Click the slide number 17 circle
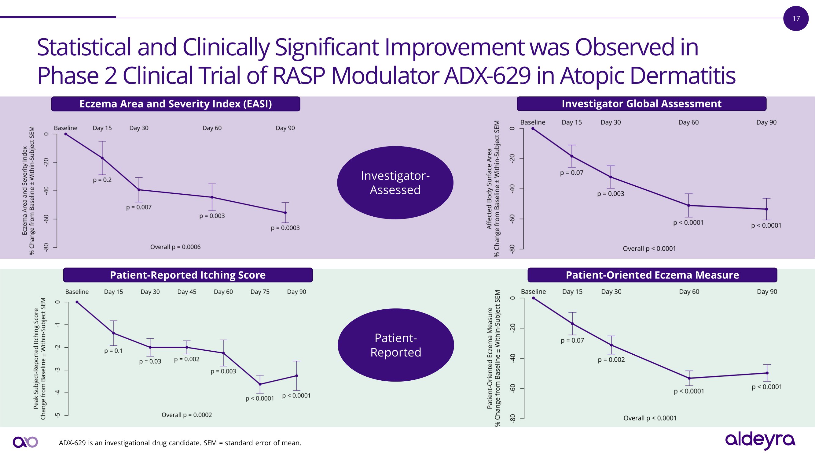tap(796, 18)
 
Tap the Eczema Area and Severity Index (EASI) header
tap(176, 104)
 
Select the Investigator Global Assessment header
tap(641, 104)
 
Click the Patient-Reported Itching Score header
tap(188, 275)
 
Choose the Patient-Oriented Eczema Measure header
tap(652, 275)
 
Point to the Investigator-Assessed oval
tap(395, 183)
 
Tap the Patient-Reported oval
tap(395, 345)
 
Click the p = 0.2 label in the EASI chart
tap(102, 180)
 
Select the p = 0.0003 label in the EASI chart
tap(285, 228)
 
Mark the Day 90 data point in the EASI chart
tap(285, 213)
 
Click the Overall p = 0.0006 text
tap(175, 247)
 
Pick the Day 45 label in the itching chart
tap(187, 292)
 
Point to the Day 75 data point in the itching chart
tap(260, 384)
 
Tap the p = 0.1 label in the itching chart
tap(113, 351)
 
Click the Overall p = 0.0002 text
tap(187, 415)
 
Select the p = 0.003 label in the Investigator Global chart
tap(611, 194)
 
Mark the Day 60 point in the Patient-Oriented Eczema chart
tap(689, 378)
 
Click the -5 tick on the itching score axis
tap(57, 415)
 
